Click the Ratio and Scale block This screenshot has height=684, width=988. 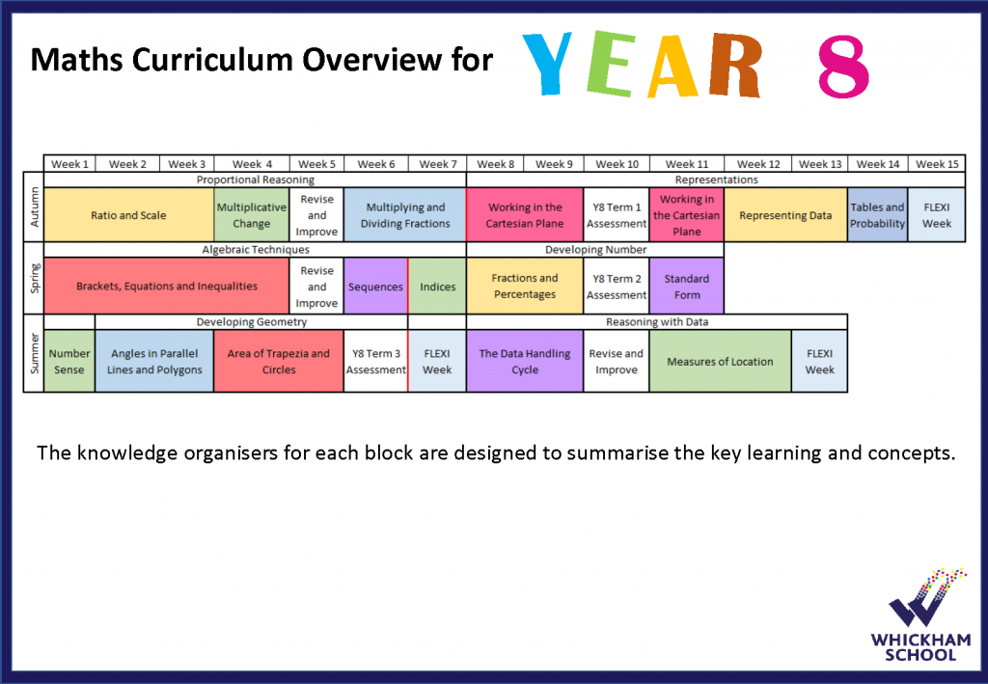(x=128, y=215)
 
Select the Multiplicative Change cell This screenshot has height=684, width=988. (x=252, y=215)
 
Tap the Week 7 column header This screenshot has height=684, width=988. (x=437, y=164)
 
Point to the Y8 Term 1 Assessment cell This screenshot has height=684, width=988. (x=617, y=215)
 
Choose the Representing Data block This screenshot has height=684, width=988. (x=785, y=215)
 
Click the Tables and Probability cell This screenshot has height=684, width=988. (x=877, y=215)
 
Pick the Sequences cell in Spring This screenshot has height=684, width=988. (x=375, y=286)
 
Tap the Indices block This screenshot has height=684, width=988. (x=437, y=286)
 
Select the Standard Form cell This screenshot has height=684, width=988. (x=686, y=286)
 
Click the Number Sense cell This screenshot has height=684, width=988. (x=69, y=361)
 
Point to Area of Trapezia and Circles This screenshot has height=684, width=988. (x=279, y=361)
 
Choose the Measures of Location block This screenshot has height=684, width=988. (x=720, y=361)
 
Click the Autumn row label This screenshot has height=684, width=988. (x=34, y=206)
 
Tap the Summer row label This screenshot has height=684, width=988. (x=34, y=353)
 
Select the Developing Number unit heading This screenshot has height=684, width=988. (x=595, y=250)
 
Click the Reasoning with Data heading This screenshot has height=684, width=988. (x=657, y=322)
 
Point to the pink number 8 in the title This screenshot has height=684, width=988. (x=843, y=67)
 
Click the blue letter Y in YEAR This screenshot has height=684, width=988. (x=546, y=63)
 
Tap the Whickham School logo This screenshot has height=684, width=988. (x=921, y=615)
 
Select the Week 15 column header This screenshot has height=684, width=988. (x=937, y=164)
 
